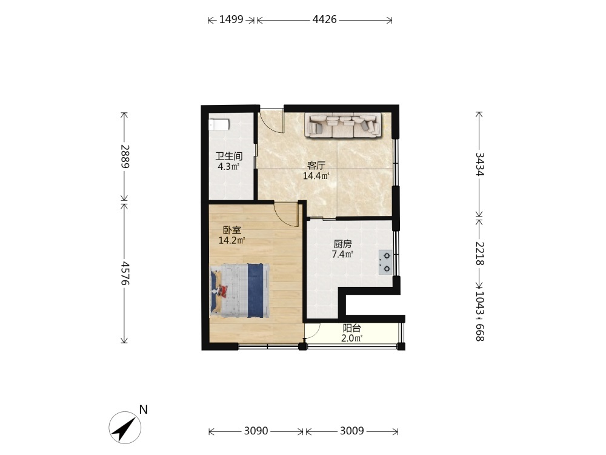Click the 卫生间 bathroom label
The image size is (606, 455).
[x=229, y=157]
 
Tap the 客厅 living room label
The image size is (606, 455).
[x=316, y=166]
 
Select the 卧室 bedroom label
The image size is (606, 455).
[x=232, y=231]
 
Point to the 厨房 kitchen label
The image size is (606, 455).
[x=343, y=244]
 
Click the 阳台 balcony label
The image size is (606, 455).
[x=352, y=328]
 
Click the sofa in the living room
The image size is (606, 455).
[x=343, y=125]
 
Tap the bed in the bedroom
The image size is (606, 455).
[x=239, y=291]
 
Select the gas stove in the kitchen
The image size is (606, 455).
[x=386, y=262]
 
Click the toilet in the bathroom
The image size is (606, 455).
[x=219, y=125]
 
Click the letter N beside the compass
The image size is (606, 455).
[x=144, y=409]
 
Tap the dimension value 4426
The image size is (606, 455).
[x=325, y=19]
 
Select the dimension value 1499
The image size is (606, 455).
[x=231, y=19]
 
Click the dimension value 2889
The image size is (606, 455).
[x=124, y=157]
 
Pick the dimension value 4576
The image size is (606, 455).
[x=124, y=273]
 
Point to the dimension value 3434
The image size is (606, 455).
[x=479, y=164]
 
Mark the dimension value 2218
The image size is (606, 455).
[x=479, y=254]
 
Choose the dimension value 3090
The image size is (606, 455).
[x=256, y=431]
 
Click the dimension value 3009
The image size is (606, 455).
[x=351, y=431]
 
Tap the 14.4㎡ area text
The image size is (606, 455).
[x=316, y=177]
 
